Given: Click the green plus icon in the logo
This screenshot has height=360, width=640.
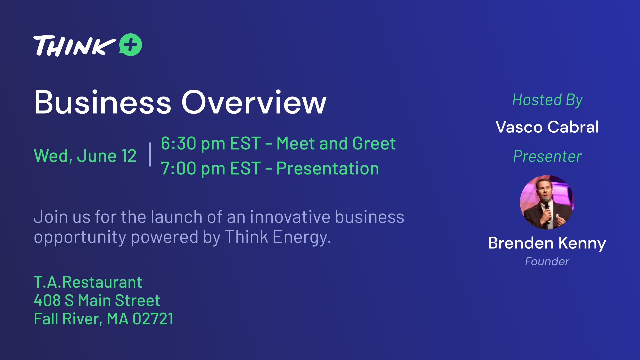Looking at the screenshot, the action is (130, 45).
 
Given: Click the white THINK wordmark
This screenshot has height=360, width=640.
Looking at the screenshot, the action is (74, 46).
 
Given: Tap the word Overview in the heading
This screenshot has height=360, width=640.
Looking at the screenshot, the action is (254, 102).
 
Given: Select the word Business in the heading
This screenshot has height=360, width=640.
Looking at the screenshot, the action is (103, 102).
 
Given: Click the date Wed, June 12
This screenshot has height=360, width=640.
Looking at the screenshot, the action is (85, 156).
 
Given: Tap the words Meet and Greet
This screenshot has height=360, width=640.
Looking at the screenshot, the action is (336, 144).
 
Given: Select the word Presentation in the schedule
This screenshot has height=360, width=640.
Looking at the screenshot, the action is (328, 168).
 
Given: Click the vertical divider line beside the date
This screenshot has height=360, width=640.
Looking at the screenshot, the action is (150, 154).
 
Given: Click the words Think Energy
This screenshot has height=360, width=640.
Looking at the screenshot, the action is (278, 237).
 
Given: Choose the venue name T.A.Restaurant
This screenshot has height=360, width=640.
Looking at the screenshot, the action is (88, 282).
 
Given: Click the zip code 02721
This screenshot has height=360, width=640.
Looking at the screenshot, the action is (153, 319).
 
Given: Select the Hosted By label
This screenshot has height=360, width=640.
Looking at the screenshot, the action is (547, 100).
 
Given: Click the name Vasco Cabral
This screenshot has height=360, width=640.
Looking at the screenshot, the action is (547, 127).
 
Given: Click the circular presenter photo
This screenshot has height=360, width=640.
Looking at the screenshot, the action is (547, 202).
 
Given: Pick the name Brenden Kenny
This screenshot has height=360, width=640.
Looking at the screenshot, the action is (547, 243).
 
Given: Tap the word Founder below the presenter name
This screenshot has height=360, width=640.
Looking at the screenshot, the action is (547, 261).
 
